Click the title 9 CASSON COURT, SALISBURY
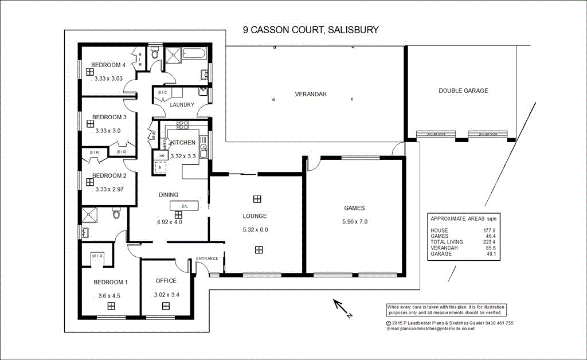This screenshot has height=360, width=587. [311, 30]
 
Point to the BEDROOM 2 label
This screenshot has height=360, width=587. [109, 175]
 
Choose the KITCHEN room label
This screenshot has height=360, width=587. [183, 142]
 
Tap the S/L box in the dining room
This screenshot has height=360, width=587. [184, 206]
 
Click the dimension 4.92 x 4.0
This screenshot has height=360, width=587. [169, 222]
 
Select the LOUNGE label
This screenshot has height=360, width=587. [255, 216]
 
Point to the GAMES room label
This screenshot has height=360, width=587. [354, 208]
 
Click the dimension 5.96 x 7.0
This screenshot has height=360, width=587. [354, 222]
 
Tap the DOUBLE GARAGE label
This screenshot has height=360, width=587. [463, 91]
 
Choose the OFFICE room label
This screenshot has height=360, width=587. [166, 281]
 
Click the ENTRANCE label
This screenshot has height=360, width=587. [207, 259]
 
